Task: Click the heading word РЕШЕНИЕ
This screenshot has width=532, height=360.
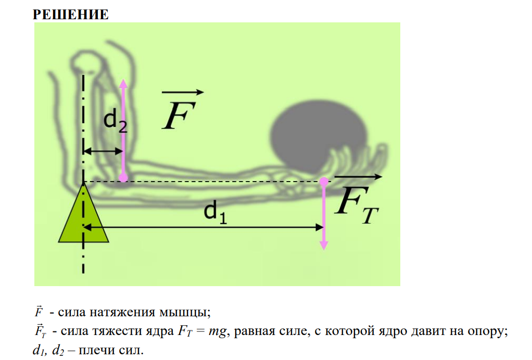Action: (71, 15)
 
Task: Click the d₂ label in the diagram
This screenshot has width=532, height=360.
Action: (115, 121)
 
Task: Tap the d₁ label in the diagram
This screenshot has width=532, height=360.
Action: (215, 212)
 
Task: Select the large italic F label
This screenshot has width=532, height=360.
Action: (179, 115)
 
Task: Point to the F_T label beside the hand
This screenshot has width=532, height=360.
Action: (356, 205)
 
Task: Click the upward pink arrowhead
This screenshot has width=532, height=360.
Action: (123, 83)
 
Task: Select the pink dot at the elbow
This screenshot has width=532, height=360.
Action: (123, 177)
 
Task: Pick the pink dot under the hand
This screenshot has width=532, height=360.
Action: (324, 182)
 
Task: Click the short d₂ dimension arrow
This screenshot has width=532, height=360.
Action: (103, 151)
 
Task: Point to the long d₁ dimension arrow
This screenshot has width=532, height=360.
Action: (204, 227)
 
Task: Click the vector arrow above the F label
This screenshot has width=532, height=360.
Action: (183, 92)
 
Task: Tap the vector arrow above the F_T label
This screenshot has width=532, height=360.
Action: (358, 176)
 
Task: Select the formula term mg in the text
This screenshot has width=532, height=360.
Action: (217, 331)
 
